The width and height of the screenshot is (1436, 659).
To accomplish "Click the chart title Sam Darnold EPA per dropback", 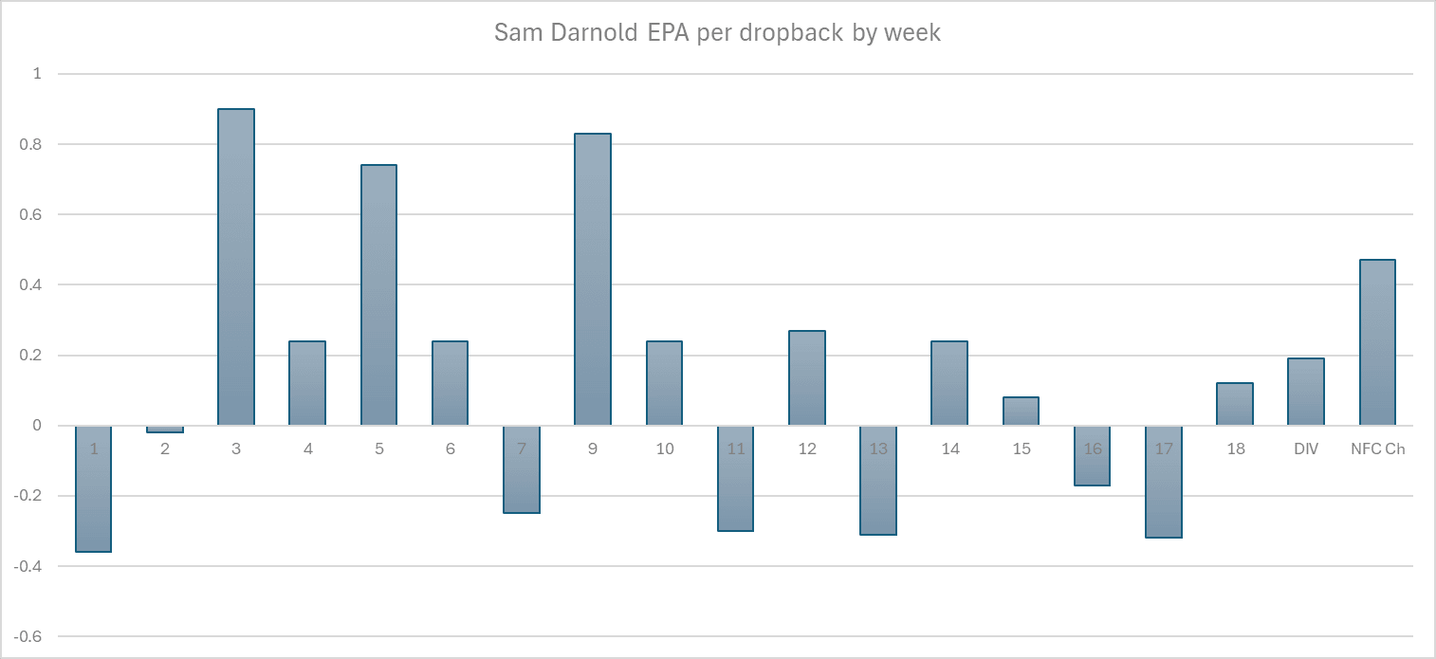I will (x=717, y=32).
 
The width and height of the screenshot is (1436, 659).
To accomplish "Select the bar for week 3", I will (x=236, y=267).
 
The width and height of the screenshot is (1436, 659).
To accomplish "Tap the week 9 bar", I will (x=593, y=280).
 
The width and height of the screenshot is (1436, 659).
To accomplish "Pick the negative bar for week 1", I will (x=93, y=488).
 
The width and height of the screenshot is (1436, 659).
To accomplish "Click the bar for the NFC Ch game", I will (x=1377, y=342).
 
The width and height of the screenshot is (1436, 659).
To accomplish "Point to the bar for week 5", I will (x=378, y=295).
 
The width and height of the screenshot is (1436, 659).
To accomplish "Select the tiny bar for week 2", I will (x=165, y=429).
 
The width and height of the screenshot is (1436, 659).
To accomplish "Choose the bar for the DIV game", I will (x=1306, y=392).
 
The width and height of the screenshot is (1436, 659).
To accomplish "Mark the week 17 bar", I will (x=1164, y=482).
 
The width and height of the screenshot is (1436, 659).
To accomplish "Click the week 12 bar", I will (x=807, y=377).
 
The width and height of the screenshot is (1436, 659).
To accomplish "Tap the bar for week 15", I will (x=1021, y=412).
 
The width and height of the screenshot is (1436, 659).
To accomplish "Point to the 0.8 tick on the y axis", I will (x=37, y=144).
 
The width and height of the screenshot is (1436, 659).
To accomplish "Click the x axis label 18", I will (x=1235, y=449).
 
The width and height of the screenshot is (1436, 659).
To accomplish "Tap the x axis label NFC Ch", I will (x=1377, y=449).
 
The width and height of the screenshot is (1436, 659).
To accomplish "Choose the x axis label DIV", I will (x=1306, y=449).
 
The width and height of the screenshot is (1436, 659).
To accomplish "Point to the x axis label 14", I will (x=949, y=449).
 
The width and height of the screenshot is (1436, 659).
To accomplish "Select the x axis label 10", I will (x=664, y=449).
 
